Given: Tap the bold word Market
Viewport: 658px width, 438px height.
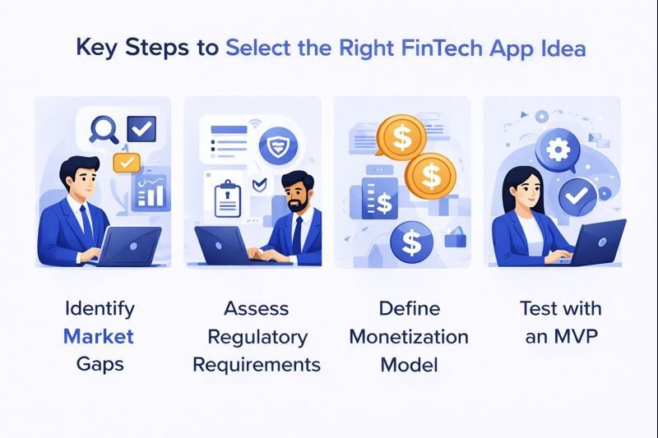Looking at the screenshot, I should tap(99, 336).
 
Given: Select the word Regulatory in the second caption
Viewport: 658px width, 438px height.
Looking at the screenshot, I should tap(257, 336).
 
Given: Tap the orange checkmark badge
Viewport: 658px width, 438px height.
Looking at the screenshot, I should tap(126, 162).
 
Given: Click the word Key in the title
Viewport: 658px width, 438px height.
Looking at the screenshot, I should tap(95, 48).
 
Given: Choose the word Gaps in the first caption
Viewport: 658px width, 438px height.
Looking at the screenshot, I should tap(99, 363).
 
